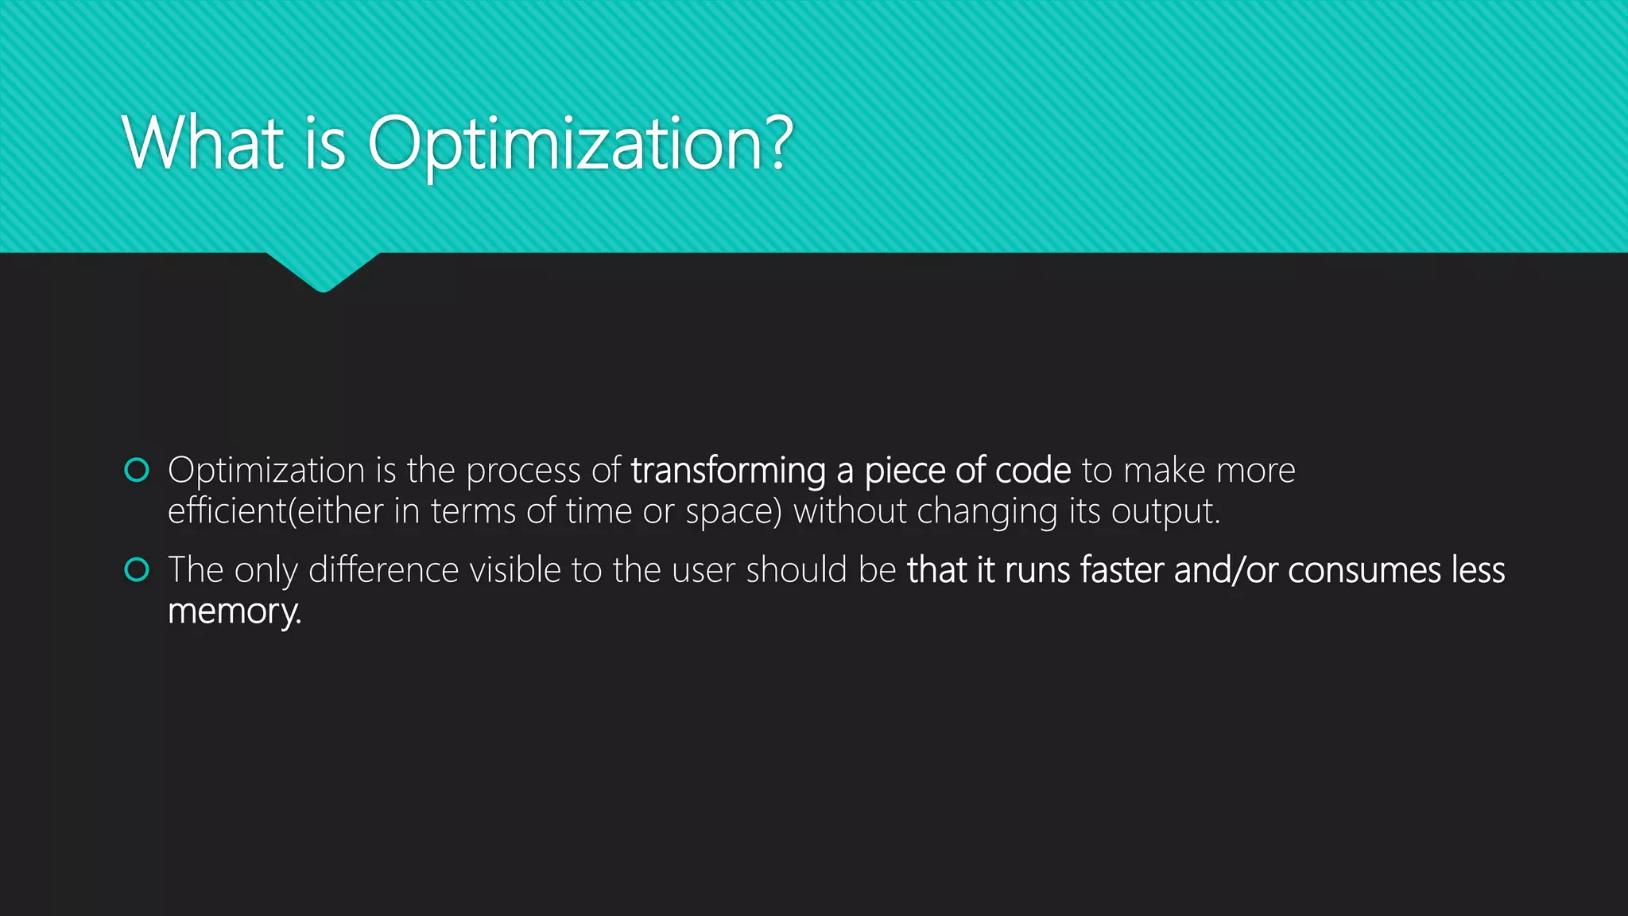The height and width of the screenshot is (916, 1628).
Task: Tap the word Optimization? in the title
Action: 579,145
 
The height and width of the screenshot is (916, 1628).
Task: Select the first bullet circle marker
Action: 137,471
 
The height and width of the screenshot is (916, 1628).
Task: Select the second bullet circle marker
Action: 137,570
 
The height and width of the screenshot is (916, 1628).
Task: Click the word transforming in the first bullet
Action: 727,471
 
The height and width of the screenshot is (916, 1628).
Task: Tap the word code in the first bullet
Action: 1033,471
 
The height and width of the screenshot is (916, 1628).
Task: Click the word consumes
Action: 1364,570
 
